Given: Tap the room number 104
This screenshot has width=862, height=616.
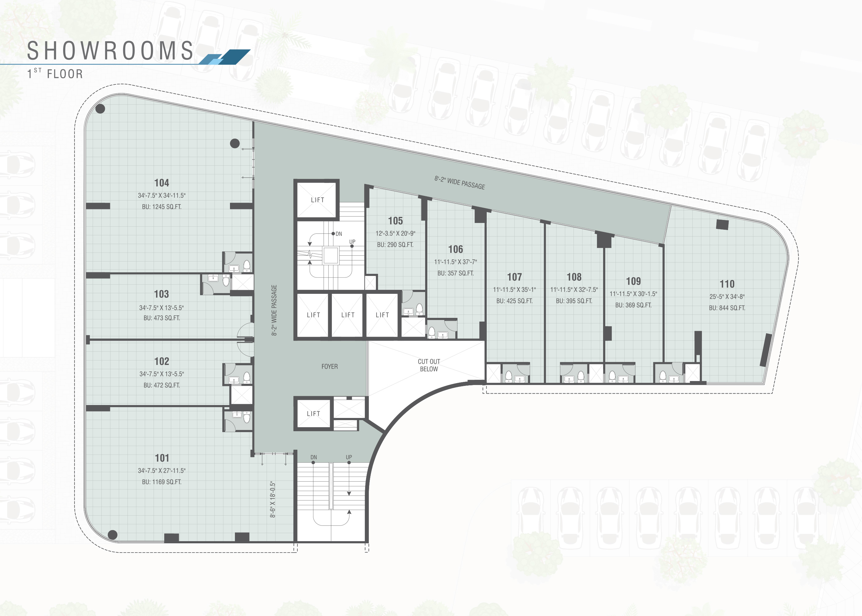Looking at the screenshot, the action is (x=162, y=183).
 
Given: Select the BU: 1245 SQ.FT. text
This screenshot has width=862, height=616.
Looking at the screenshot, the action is (x=162, y=207).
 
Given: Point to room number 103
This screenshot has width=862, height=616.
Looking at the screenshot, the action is (x=162, y=294).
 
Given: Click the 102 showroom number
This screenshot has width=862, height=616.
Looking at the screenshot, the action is (x=162, y=361).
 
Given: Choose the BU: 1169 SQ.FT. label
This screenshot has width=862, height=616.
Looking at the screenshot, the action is (x=162, y=482).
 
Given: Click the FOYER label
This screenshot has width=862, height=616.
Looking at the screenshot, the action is (x=329, y=367).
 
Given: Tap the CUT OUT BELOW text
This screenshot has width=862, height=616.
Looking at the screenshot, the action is (x=429, y=365).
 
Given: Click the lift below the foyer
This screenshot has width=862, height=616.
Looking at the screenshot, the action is (x=313, y=413).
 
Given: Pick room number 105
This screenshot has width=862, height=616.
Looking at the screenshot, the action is (x=395, y=221).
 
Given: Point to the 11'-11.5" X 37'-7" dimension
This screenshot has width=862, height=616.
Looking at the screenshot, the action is (x=456, y=262).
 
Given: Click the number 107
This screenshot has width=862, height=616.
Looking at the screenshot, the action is (x=514, y=277).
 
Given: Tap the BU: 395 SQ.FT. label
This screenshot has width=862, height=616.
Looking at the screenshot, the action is (x=574, y=301).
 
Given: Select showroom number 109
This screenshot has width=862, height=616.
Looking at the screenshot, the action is (x=634, y=281).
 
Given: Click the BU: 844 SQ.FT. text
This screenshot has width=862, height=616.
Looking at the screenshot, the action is (x=727, y=308).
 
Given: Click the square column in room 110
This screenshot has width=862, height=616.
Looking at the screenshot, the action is (x=722, y=225).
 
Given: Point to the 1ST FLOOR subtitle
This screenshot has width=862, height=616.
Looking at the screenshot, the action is (x=55, y=73).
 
